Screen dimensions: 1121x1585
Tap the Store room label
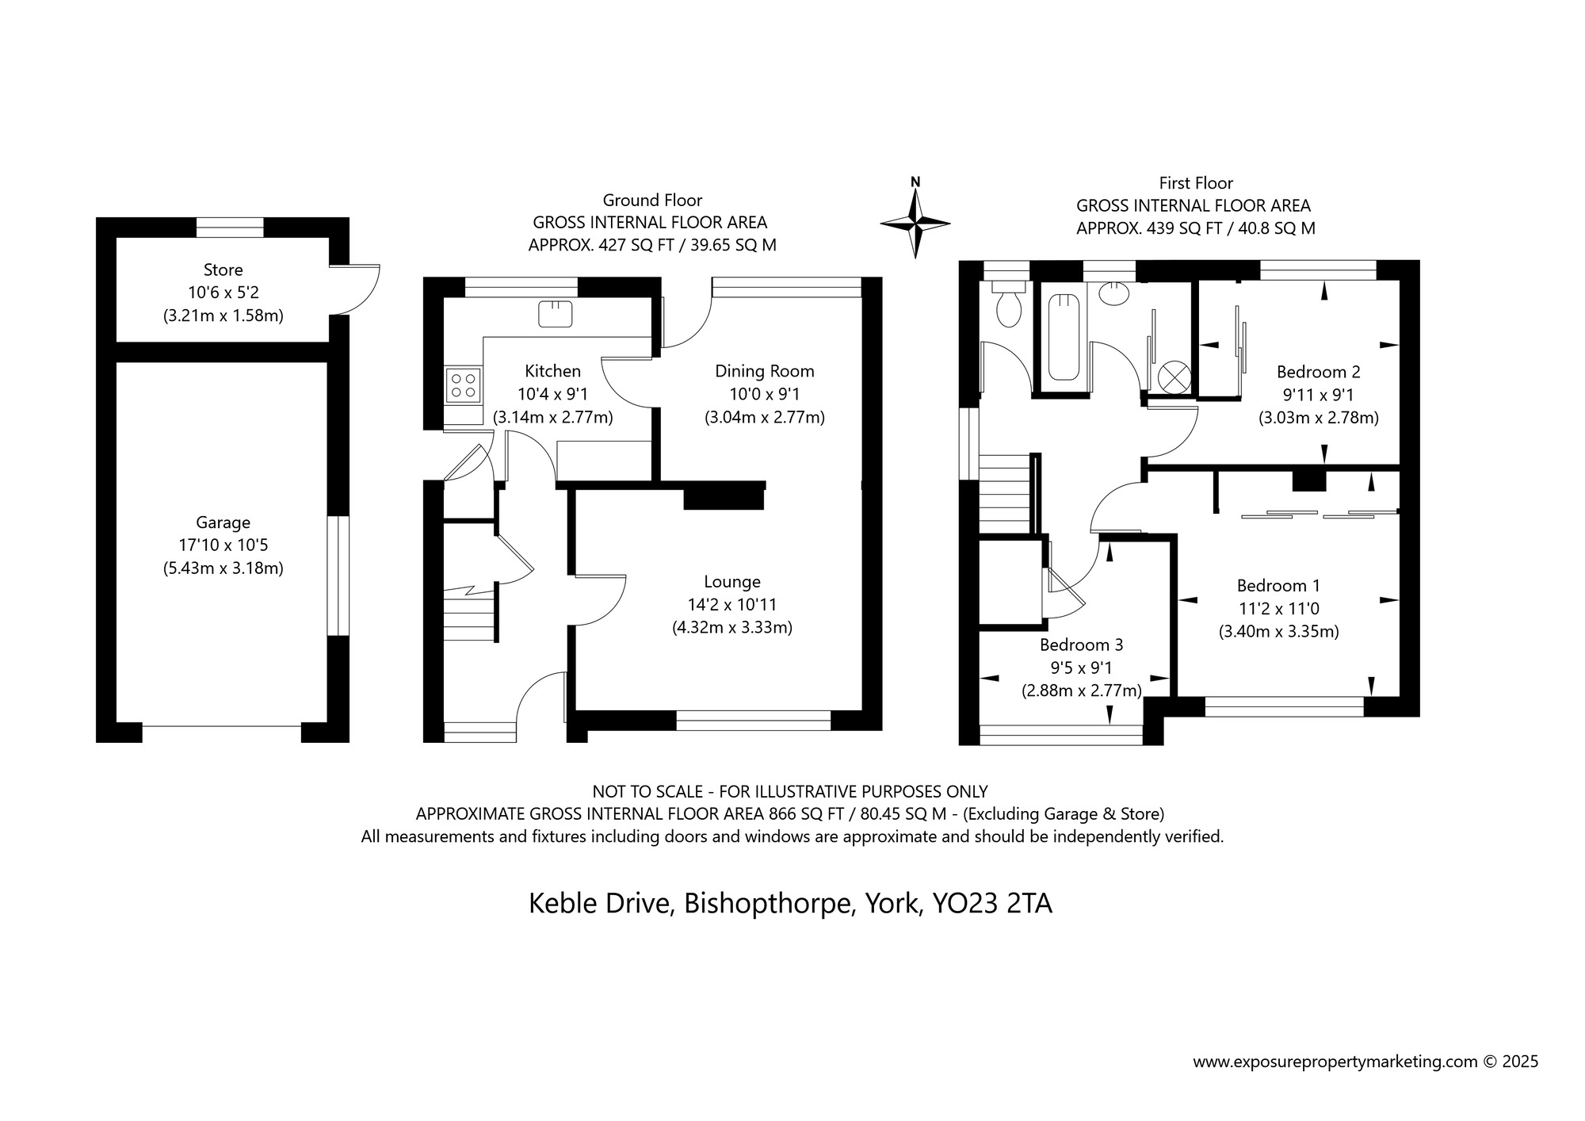pos(223,270)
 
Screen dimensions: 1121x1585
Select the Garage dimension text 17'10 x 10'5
pos(223,545)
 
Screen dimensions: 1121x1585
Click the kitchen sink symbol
pos(555,314)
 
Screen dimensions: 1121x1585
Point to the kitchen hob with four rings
pos(464,385)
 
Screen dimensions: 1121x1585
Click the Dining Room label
pos(764,371)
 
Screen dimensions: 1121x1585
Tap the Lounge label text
pos(731,582)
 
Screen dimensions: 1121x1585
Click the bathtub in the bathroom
pos(1064,336)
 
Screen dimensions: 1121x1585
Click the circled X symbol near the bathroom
pos(1174,377)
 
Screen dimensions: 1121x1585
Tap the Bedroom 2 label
pos(1318,372)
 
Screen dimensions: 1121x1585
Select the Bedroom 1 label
pos(1278,586)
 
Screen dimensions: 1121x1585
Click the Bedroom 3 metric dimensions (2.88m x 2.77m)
pos(1081,691)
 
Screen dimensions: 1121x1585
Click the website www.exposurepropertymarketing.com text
pos(1335,1062)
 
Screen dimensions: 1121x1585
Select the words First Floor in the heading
pos(1196,183)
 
